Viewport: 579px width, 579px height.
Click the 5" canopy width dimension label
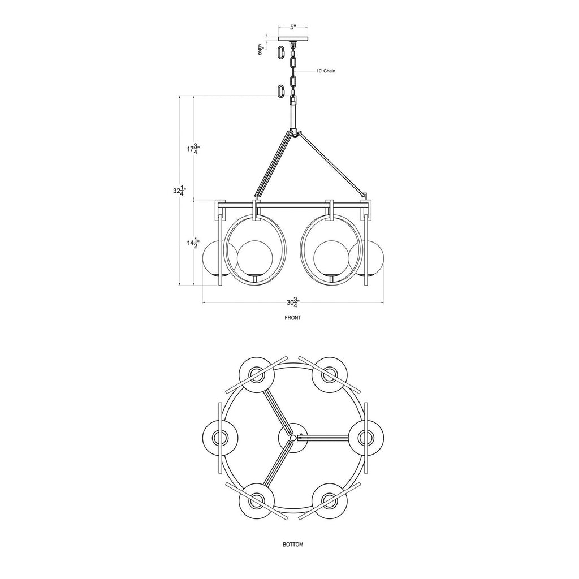click(293, 27)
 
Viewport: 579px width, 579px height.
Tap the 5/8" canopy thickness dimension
click(261, 50)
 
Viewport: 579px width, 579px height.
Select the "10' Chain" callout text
click(326, 71)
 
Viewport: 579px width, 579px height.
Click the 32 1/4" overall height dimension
click(179, 191)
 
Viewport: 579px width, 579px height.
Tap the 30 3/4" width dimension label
click(293, 303)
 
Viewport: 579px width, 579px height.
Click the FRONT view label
click(293, 318)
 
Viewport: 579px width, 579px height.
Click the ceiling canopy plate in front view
click(293, 39)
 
